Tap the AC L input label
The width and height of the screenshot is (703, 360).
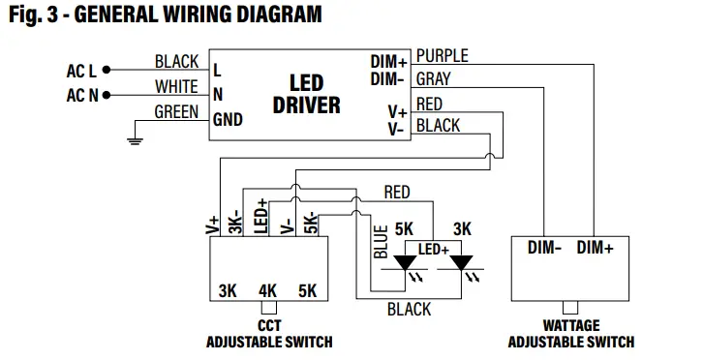click(81, 70)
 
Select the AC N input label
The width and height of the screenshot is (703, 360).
click(81, 95)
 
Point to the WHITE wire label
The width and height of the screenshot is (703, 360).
click(176, 87)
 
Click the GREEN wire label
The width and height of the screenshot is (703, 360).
click(176, 112)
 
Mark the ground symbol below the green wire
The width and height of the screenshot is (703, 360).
click(136, 141)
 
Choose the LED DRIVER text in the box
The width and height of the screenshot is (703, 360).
click(306, 93)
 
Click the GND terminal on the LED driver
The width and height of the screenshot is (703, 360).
click(229, 120)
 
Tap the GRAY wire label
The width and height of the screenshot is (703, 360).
click(432, 78)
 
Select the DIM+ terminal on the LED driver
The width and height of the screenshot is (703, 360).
click(388, 62)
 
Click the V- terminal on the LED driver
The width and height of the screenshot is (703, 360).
click(397, 129)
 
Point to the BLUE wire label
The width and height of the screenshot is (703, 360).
click(381, 243)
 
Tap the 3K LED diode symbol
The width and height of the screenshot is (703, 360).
click(462, 262)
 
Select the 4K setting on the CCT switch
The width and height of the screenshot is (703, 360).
click(268, 290)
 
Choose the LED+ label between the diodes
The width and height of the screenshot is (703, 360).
click(434, 250)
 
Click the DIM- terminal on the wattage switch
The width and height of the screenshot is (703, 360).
click(545, 248)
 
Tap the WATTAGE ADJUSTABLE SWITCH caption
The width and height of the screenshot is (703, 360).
click(571, 334)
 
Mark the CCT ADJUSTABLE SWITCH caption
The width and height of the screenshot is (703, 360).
click(268, 334)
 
